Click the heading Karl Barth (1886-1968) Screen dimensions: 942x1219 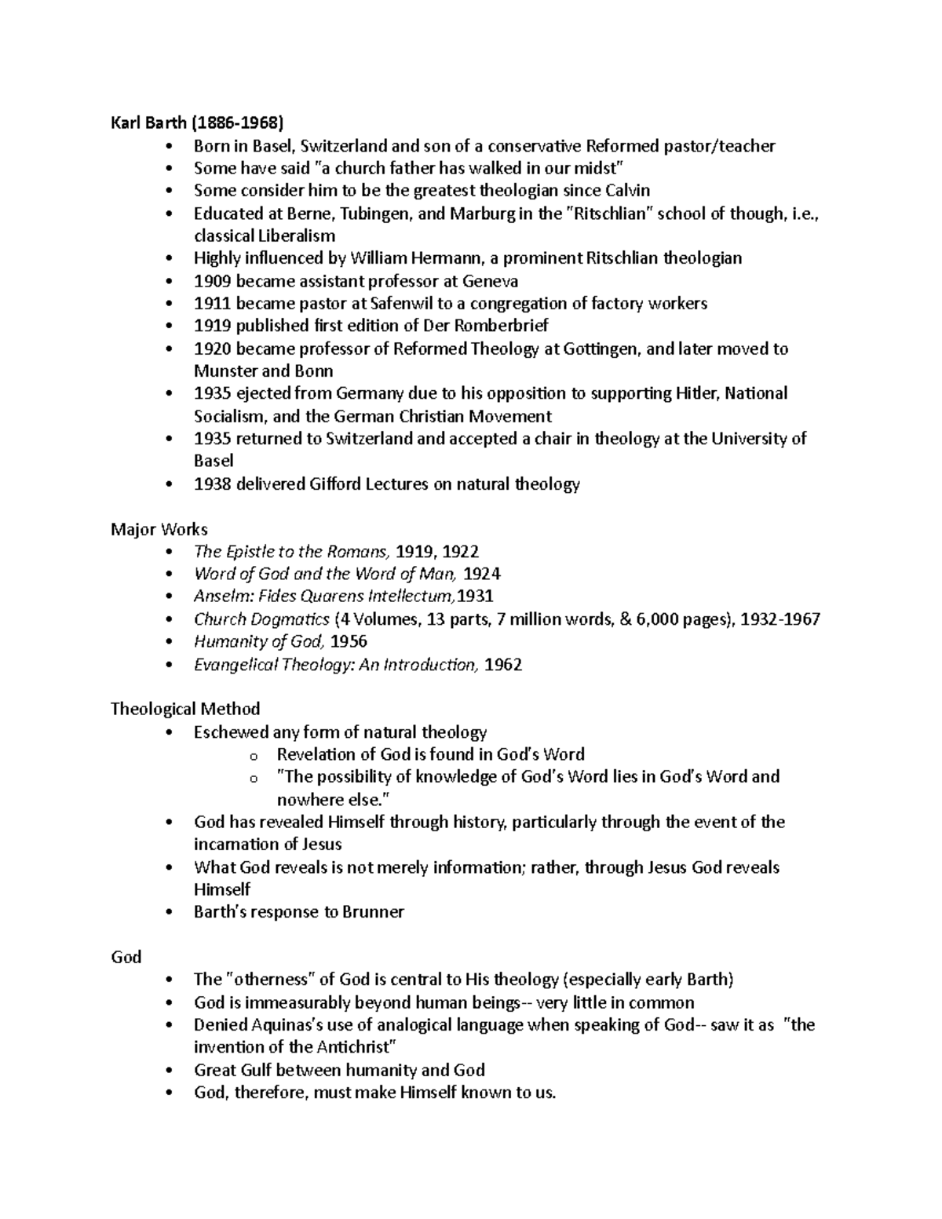click(x=197, y=123)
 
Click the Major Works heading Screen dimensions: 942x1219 click(x=159, y=530)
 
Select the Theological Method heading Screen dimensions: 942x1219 click(x=185, y=709)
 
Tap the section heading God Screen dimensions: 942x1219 click(x=126, y=957)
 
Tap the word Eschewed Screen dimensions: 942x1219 click(x=230, y=732)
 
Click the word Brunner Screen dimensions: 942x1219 click(x=375, y=912)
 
